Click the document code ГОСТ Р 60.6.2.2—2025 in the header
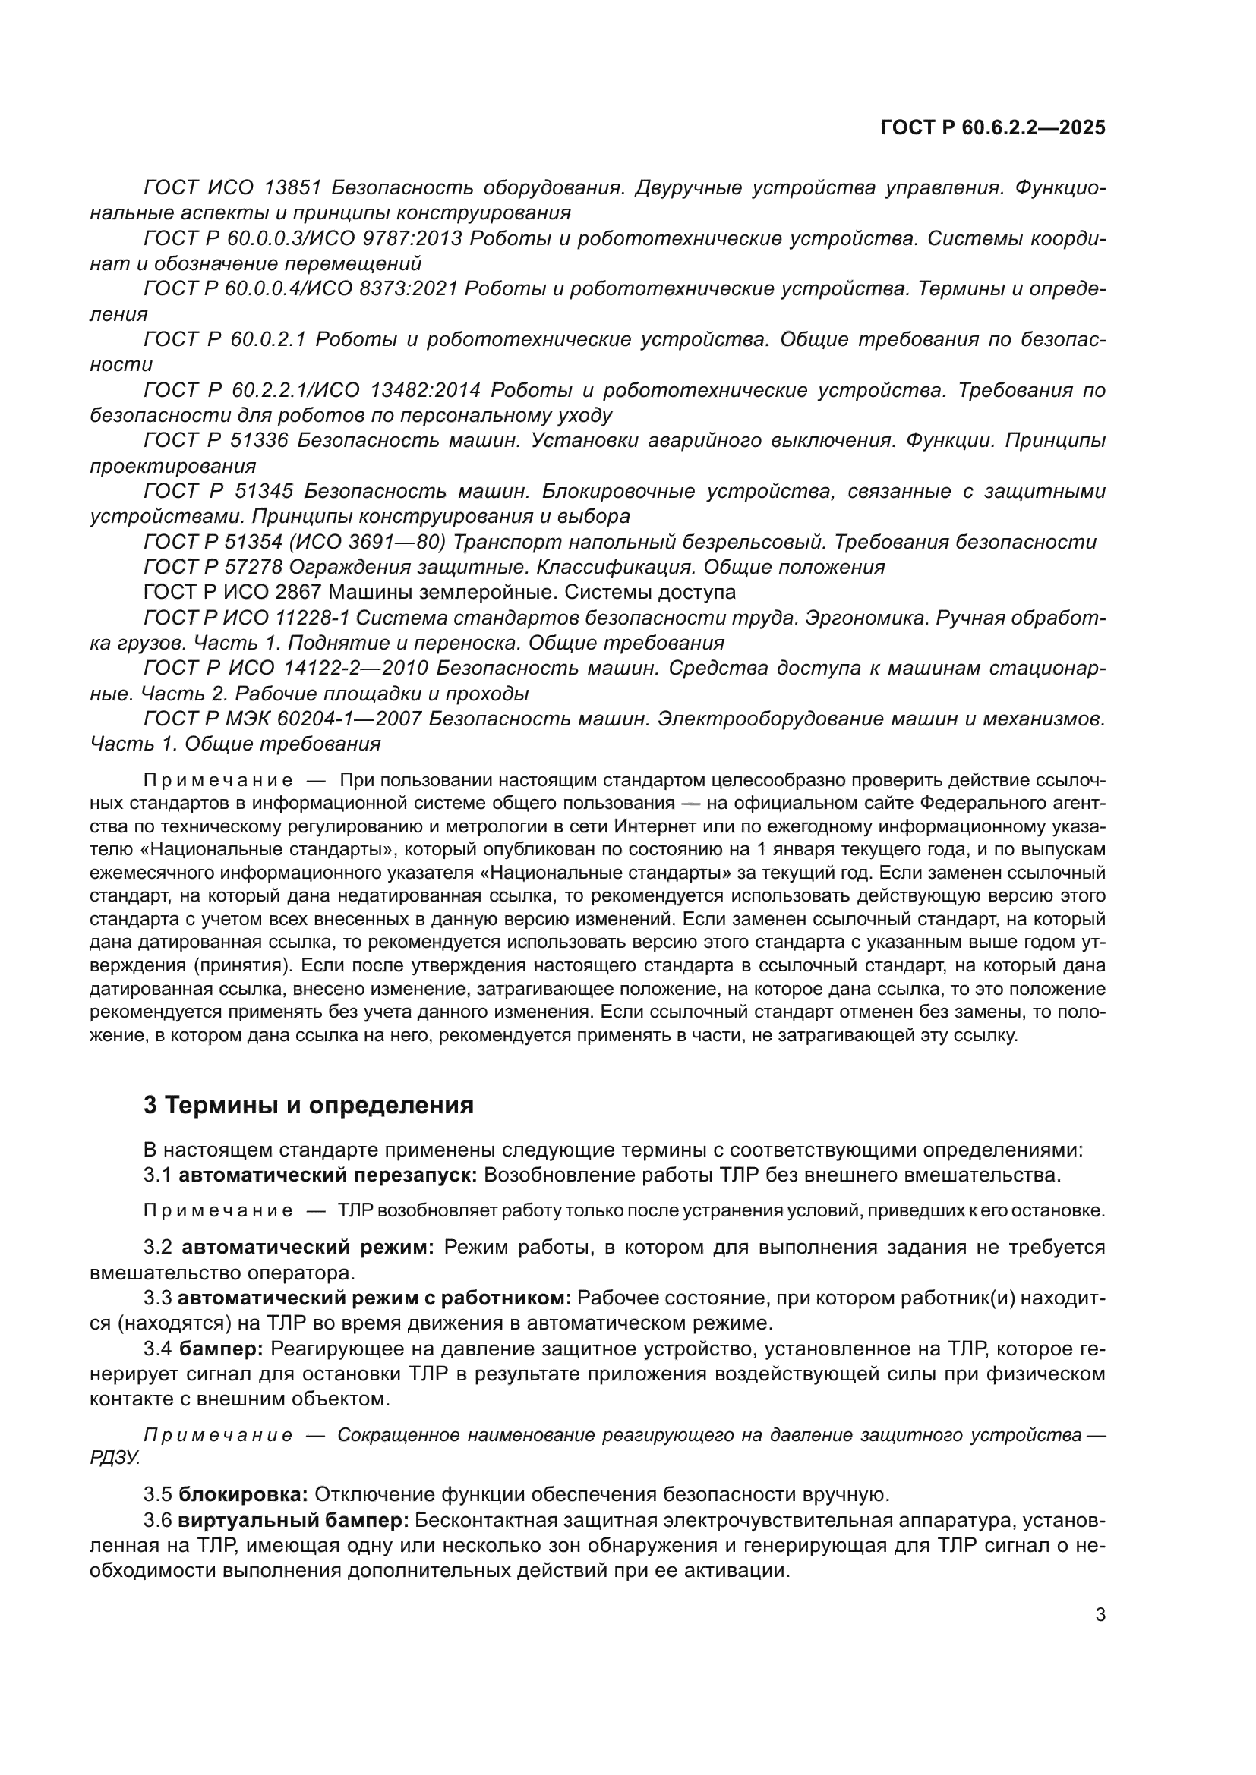992,127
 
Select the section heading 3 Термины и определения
308,1105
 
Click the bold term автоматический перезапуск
328,1175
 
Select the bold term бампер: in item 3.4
222,1349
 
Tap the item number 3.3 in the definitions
158,1298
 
